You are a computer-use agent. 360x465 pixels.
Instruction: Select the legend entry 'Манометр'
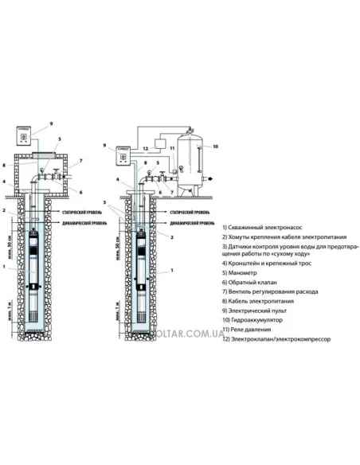click(x=247, y=272)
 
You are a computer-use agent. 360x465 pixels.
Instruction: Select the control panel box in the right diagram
click(x=123, y=156)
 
